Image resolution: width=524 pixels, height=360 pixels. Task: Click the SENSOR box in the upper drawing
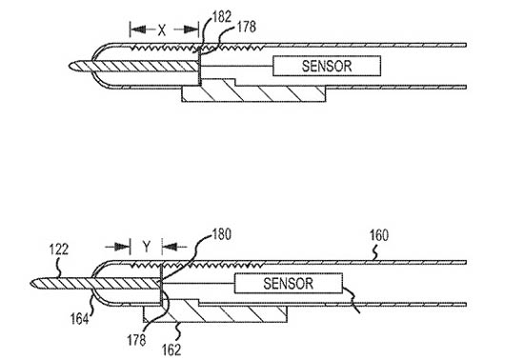pyautogui.click(x=327, y=66)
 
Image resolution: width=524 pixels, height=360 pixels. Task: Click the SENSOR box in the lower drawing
pyautogui.click(x=289, y=283)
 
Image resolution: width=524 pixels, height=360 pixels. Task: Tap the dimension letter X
pyautogui.click(x=162, y=30)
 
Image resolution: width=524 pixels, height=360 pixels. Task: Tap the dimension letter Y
pyautogui.click(x=147, y=247)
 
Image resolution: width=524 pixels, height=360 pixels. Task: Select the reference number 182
pyautogui.click(x=222, y=17)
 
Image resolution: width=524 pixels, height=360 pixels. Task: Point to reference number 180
pyautogui.click(x=222, y=234)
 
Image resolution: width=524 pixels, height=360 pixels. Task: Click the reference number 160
pyautogui.click(x=379, y=235)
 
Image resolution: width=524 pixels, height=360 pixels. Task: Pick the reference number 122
pyautogui.click(x=59, y=250)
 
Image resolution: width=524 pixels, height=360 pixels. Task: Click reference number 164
pyautogui.click(x=79, y=319)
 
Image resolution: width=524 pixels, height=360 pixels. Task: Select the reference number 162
pyautogui.click(x=171, y=350)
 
